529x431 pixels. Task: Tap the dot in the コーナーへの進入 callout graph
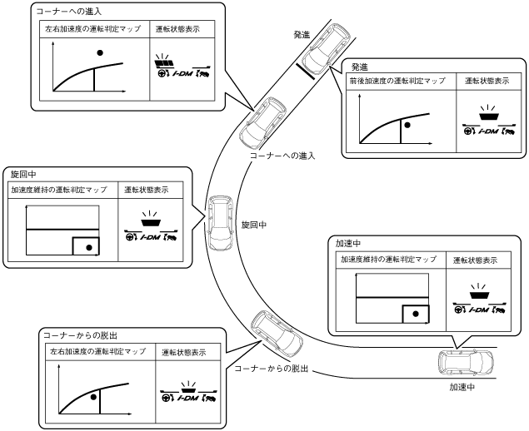pyautogui.click(x=101, y=52)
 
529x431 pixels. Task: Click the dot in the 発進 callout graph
pyautogui.click(x=407, y=124)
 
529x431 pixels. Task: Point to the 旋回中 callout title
pyautogui.click(x=22, y=176)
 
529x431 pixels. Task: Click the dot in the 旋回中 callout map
pyautogui.click(x=86, y=246)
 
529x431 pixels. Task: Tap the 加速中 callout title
pyautogui.click(x=348, y=244)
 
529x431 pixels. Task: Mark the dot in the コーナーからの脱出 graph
pyautogui.click(x=94, y=397)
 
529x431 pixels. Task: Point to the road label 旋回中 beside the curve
pyautogui.click(x=254, y=225)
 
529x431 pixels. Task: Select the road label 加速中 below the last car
pyautogui.click(x=462, y=388)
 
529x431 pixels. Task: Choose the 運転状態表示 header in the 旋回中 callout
pyautogui.click(x=146, y=190)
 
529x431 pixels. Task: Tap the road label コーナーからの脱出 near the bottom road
pyautogui.click(x=272, y=368)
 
